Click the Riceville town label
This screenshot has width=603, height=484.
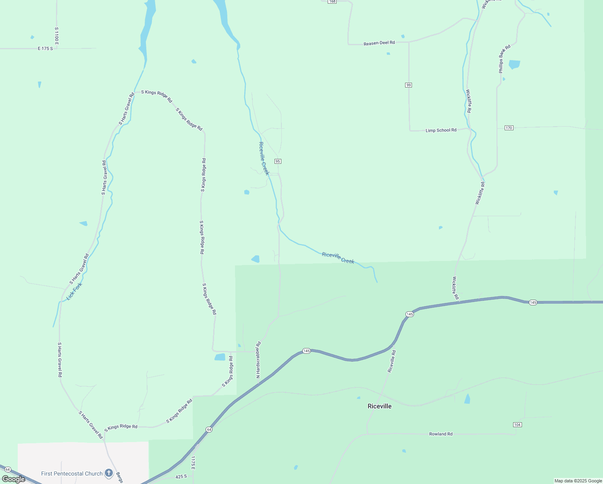pos(379,406)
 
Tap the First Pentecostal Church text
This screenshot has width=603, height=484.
pos(72,474)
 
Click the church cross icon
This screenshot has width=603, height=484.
pos(108,473)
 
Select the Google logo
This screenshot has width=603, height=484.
pos(13,479)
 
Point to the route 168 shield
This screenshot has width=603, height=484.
pos(332,2)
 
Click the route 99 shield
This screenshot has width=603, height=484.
pos(409,85)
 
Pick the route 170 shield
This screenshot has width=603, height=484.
pos(509,128)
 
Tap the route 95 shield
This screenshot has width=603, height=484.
pos(278,161)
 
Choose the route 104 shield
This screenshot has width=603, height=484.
pos(518,425)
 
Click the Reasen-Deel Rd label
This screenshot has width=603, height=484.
pos(379,43)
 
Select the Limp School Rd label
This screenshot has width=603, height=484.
pos(441,130)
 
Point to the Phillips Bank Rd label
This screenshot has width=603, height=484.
pos(504,59)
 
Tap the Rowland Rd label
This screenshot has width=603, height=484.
pos(441,434)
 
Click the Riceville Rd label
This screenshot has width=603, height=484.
pos(391,361)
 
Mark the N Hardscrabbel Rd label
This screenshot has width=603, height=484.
pos(258,360)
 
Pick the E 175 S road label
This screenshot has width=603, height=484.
pos(45,48)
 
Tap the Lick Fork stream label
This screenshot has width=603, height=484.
pos(74,291)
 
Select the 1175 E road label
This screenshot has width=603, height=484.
pos(193,463)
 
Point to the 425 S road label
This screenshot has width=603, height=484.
pos(181,476)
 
